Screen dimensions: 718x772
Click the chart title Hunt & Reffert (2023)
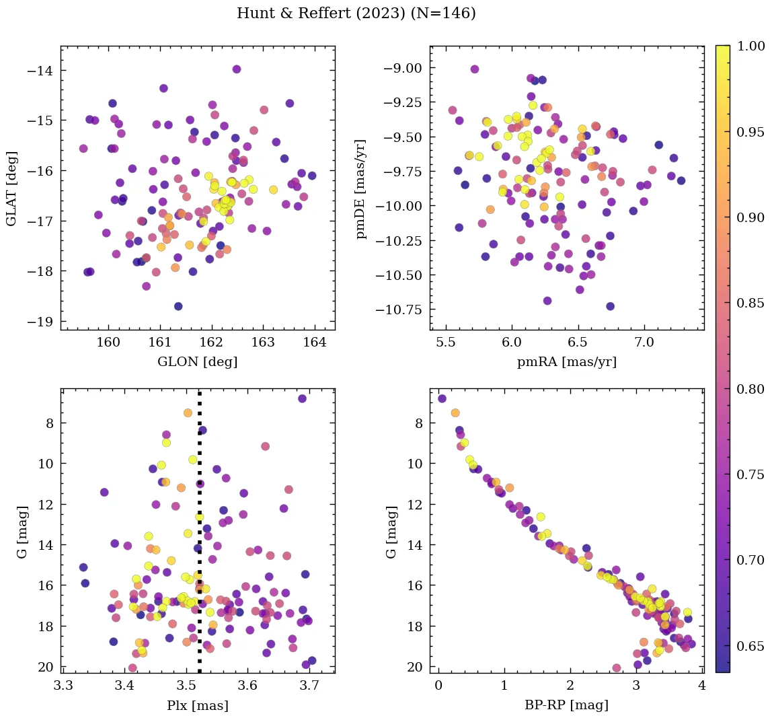(356, 13)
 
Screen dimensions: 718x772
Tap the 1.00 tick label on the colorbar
(750, 46)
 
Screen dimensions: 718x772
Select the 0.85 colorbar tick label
(750, 303)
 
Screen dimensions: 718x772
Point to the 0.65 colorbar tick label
(750, 646)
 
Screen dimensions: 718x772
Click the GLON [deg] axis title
(197, 362)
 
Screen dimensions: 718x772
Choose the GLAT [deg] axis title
(11, 188)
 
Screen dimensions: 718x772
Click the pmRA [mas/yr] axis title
(566, 362)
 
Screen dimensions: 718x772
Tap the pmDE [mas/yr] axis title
(362, 188)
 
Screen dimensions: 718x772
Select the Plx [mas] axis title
(197, 705)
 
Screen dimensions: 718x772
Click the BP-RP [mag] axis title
(566, 705)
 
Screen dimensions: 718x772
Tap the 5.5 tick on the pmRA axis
(445, 343)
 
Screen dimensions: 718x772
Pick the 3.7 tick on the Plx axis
(309, 686)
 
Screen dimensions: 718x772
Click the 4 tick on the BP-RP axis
(701, 686)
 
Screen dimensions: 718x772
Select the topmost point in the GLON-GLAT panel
(236, 69)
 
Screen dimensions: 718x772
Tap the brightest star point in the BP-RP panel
(442, 398)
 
